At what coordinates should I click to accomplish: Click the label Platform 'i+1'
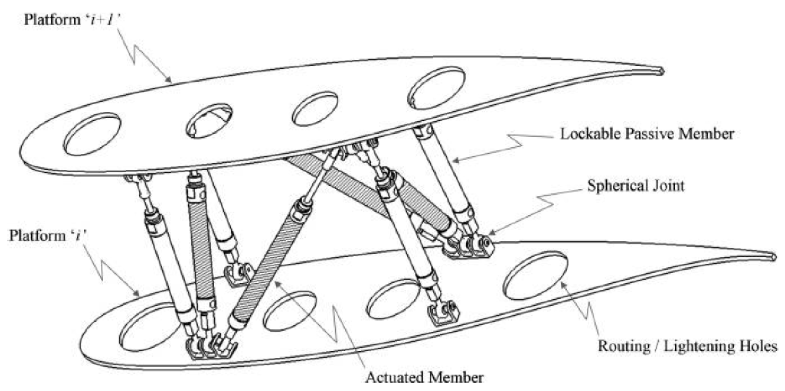click(x=73, y=20)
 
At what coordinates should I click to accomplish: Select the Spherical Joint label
click(x=636, y=186)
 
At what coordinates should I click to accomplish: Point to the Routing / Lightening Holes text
click(x=687, y=347)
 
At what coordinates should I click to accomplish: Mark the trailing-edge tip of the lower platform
click(x=774, y=257)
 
